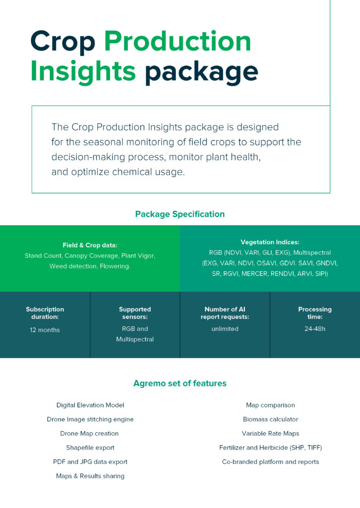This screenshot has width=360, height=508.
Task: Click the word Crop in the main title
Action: click(x=62, y=42)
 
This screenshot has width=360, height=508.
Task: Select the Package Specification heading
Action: click(x=180, y=214)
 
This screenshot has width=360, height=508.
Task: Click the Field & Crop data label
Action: click(x=90, y=245)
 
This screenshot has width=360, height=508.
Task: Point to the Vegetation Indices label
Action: click(x=270, y=242)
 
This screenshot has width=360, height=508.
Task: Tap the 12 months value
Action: click(x=45, y=330)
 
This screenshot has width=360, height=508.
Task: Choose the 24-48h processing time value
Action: click(x=314, y=328)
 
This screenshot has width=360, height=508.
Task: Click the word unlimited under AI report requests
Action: click(x=225, y=328)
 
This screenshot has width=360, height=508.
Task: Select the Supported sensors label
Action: click(x=135, y=313)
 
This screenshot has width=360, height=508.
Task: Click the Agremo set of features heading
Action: click(x=180, y=383)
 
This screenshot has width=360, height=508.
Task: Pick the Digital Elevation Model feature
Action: click(x=90, y=405)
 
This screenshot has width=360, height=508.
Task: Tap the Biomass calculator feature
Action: click(x=270, y=419)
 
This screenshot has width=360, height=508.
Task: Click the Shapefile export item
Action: click(x=90, y=447)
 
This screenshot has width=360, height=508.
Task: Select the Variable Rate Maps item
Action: click(x=270, y=434)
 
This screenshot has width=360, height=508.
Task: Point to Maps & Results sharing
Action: click(x=90, y=476)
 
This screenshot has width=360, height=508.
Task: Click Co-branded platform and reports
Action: click(x=270, y=462)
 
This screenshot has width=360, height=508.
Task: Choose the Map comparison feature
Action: click(x=270, y=405)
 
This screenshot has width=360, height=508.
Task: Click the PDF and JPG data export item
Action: click(x=90, y=462)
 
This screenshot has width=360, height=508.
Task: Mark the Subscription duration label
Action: click(x=45, y=313)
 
